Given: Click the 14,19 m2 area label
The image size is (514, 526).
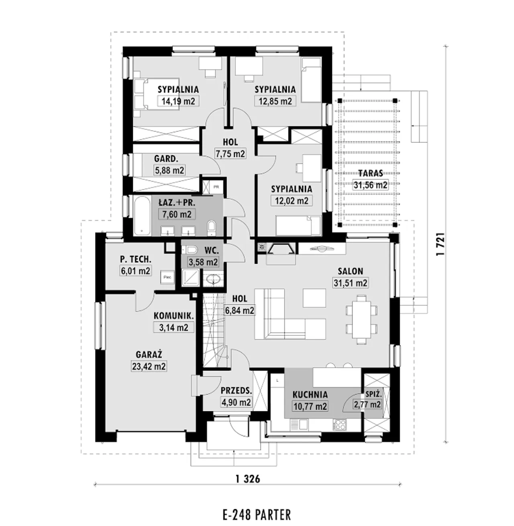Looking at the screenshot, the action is (178, 101).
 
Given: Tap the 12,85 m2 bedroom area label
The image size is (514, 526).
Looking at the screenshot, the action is (275, 101).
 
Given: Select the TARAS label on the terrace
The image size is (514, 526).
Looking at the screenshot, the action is (371, 173).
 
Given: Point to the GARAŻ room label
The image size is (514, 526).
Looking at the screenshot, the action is (149, 354).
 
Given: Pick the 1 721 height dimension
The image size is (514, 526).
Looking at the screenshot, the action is (440, 244).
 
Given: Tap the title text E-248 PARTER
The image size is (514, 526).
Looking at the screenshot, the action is (257, 515).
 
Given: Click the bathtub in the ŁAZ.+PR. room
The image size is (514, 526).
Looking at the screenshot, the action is (142, 216).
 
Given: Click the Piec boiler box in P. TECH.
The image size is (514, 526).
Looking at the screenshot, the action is (167, 277).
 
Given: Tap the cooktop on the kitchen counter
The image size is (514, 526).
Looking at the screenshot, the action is (341, 424).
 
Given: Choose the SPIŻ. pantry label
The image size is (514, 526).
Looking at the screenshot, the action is (374, 394).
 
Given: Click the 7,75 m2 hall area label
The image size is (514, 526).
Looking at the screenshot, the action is (230, 154).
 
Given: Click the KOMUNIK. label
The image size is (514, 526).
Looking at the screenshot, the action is (173, 315).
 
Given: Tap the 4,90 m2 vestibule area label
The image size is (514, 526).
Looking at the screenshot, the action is (237, 403).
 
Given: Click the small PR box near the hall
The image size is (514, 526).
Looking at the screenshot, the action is (216, 187).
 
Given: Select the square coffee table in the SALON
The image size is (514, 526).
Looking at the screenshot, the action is (314, 298).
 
